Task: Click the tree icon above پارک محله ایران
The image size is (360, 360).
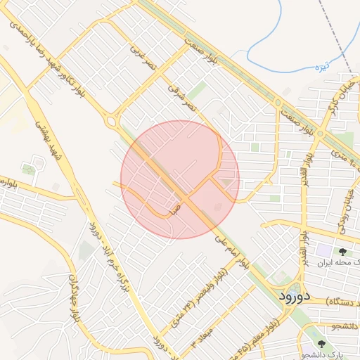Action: point(342,250)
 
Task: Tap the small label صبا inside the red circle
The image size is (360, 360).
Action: point(175,208)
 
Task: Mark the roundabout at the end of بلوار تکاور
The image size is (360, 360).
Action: point(110,122)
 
